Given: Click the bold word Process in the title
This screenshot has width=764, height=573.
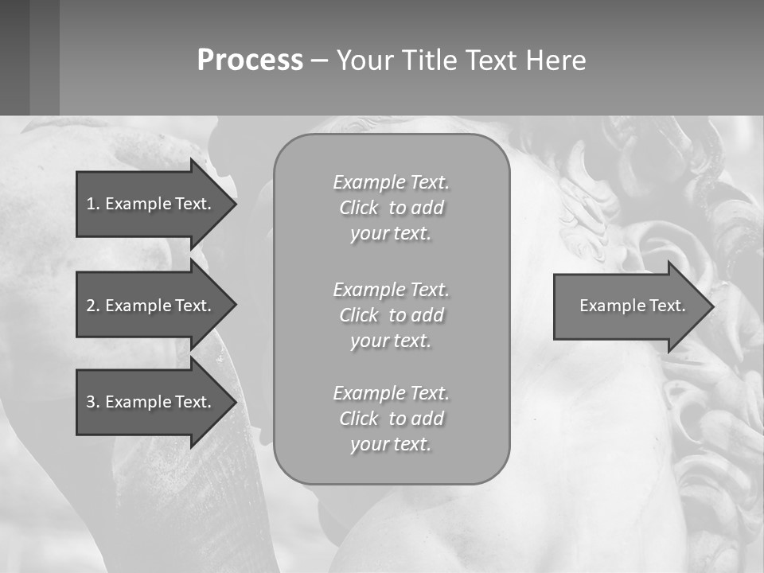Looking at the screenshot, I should pyautogui.click(x=250, y=60).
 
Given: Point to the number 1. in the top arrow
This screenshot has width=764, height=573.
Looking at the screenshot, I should pyautogui.click(x=93, y=204).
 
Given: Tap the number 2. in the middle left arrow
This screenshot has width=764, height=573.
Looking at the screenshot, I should pyautogui.click(x=93, y=306).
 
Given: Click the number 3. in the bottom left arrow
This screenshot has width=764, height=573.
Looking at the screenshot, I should pyautogui.click(x=93, y=402).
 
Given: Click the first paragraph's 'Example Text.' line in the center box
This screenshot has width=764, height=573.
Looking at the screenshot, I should pyautogui.click(x=391, y=182).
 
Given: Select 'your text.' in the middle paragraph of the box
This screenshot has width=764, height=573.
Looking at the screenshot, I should pyautogui.click(x=391, y=341).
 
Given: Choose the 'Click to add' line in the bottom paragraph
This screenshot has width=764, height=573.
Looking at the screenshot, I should pyautogui.click(x=391, y=419).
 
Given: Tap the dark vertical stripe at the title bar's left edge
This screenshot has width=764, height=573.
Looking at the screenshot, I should pyautogui.click(x=14, y=57).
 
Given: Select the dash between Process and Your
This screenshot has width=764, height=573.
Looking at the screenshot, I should pyautogui.click(x=319, y=61).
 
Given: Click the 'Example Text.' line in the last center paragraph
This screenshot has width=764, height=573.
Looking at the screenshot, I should pyautogui.click(x=391, y=393).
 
